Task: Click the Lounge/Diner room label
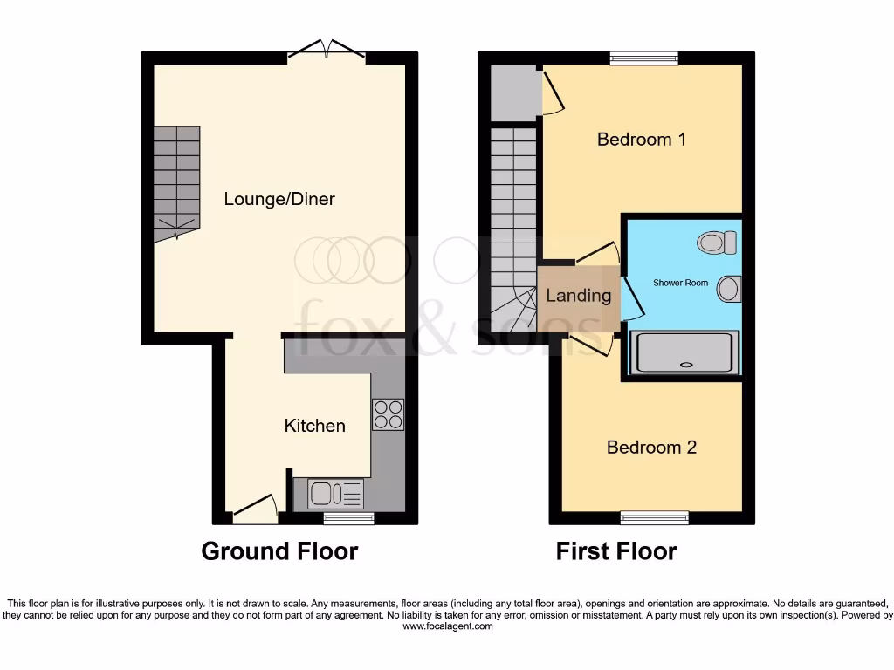pos(279,199)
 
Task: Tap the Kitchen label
pos(314,426)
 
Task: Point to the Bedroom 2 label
pos(651,448)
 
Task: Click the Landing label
pos(578,296)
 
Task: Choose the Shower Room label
pos(681,283)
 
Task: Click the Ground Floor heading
pos(279,551)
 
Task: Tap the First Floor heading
pos(616,551)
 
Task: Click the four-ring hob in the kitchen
pos(388,414)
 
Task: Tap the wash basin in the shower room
pos(729,288)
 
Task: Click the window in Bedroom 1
pos(636,58)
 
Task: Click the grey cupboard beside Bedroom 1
pos(512,92)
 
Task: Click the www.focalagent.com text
pos(446,626)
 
